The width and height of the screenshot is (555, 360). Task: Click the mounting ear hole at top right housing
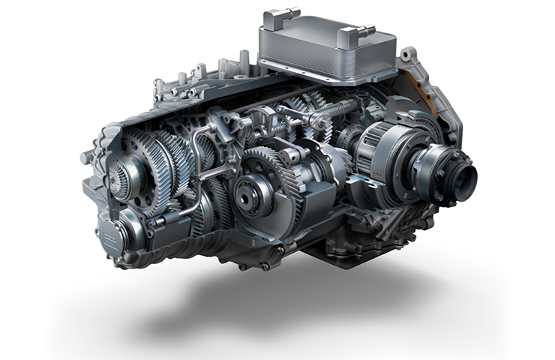(406, 55)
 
